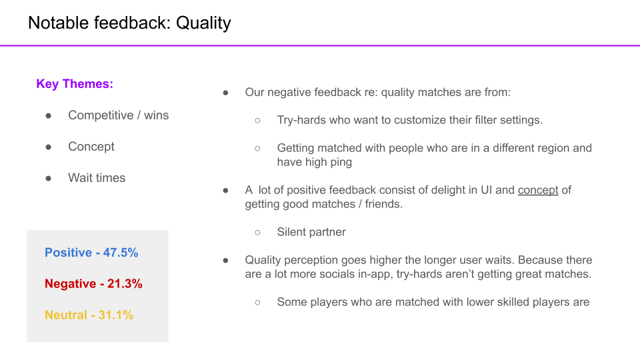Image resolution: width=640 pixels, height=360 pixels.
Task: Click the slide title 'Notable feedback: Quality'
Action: (x=129, y=23)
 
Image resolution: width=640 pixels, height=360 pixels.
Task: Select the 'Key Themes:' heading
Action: (x=75, y=84)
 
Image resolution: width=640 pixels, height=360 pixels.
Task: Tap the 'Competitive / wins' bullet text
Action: (x=119, y=115)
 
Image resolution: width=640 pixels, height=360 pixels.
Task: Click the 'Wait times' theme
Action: (x=97, y=178)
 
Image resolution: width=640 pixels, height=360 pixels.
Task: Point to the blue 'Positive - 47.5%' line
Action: (x=91, y=253)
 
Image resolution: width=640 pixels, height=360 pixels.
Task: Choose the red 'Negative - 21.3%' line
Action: (x=93, y=284)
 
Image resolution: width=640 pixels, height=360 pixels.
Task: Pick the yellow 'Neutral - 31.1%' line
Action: (x=89, y=315)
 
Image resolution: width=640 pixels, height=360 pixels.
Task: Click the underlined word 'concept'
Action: (x=538, y=190)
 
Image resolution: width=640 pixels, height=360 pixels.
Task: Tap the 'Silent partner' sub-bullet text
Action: (x=311, y=232)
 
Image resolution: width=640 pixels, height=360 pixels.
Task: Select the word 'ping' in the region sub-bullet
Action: (x=341, y=163)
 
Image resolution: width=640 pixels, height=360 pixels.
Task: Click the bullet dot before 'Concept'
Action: (x=49, y=147)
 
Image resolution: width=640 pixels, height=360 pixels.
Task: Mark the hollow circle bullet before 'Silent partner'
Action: (x=257, y=233)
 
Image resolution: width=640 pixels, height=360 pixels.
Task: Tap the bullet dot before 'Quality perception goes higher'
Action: (x=226, y=261)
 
